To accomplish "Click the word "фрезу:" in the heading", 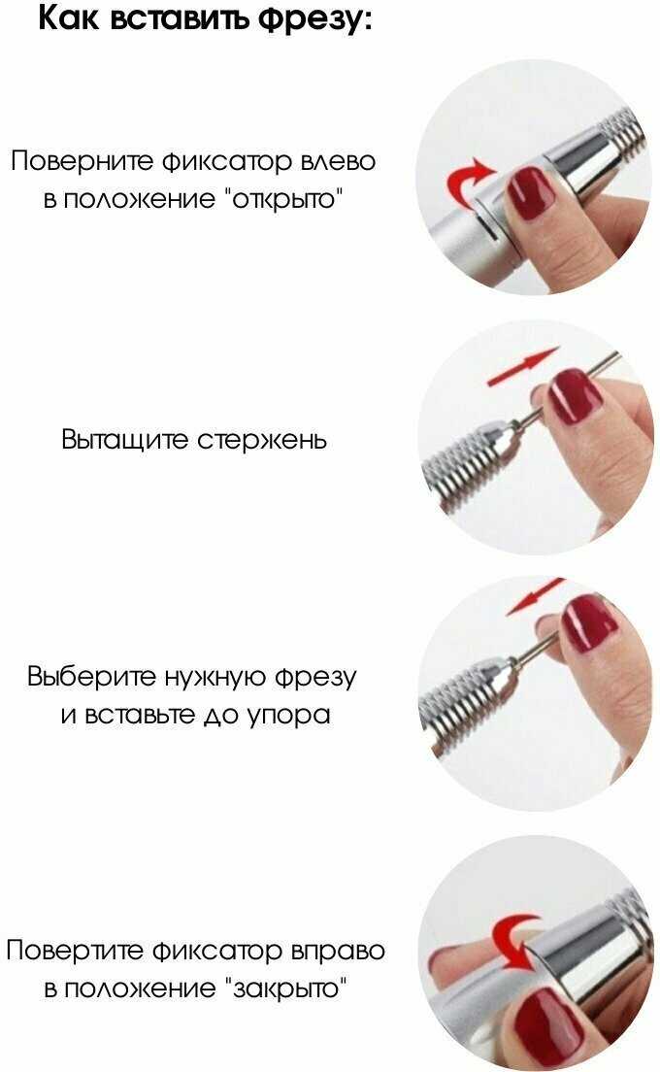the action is coord(315,18).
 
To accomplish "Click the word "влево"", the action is coord(338,162).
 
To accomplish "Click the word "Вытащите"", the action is coord(124,440).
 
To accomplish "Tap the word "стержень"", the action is coord(262,440).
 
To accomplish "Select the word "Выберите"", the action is coord(92,677).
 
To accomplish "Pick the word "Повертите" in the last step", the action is coord(75,951).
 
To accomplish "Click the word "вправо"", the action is coord(338,952).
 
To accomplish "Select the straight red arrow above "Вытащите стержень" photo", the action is coord(523,366).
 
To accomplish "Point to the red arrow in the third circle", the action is coord(534,597).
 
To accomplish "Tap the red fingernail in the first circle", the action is coord(530,192).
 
